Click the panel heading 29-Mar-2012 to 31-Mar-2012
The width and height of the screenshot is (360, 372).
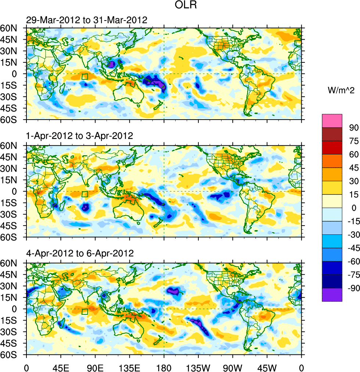pyautogui.click(x=86, y=20)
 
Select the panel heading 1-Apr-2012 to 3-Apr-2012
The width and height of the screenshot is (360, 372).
pyautogui.click(x=79, y=136)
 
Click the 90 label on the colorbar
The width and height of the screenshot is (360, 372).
pyautogui.click(x=353, y=127)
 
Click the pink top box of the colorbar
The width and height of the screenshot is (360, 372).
pyautogui.click(x=332, y=120)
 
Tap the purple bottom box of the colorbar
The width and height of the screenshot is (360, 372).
pyautogui.click(x=332, y=295)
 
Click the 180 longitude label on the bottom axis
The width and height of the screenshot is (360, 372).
pyautogui.click(x=164, y=367)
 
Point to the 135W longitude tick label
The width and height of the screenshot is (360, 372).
pyautogui.click(x=198, y=367)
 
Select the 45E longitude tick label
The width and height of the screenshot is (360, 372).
pyautogui.click(x=61, y=367)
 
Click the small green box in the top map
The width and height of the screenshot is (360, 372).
pyautogui.click(x=85, y=76)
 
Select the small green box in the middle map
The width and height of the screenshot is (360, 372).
pyautogui.click(x=85, y=194)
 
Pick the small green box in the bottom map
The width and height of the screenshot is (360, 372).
pyautogui.click(x=85, y=311)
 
